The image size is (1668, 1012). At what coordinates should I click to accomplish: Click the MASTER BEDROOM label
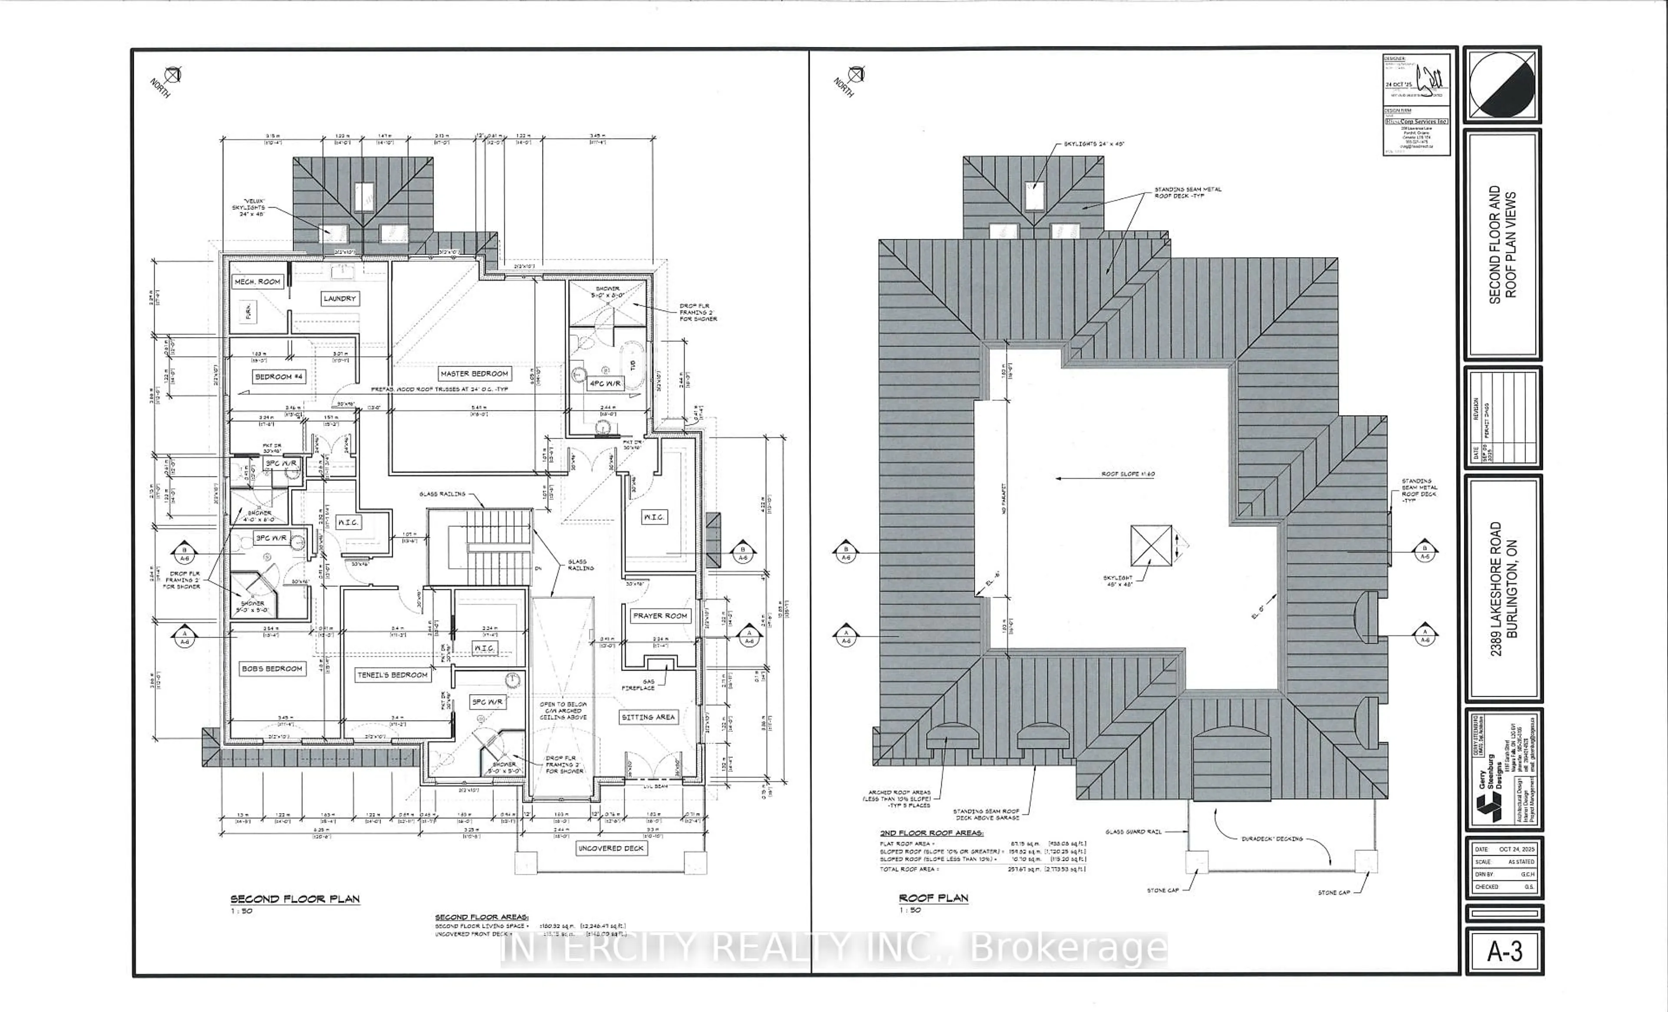(x=474, y=374)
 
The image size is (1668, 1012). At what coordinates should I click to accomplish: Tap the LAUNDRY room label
(x=340, y=298)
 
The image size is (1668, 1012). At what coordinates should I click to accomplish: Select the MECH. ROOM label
(x=257, y=281)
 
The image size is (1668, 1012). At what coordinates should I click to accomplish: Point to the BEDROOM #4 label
(x=279, y=377)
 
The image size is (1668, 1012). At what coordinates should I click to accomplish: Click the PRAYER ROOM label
(x=660, y=616)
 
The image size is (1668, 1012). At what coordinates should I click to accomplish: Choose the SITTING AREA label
(x=648, y=717)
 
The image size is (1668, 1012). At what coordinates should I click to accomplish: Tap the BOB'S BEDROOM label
(x=272, y=669)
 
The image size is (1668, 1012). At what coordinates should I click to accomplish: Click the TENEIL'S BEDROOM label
(x=393, y=675)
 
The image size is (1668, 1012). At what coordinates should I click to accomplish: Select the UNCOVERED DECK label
(x=611, y=848)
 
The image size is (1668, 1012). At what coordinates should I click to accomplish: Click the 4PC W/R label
(x=605, y=384)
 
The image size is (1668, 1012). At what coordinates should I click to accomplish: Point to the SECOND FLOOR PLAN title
(x=295, y=899)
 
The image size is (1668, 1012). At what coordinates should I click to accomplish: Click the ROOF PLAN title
(x=933, y=898)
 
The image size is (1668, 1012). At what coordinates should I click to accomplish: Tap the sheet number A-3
(x=1505, y=952)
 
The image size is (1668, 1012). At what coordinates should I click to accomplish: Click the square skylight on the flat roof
(x=1151, y=546)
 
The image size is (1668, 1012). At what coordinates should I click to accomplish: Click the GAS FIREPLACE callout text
(x=639, y=685)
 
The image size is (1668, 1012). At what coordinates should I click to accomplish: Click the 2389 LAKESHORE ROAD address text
(x=1496, y=589)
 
